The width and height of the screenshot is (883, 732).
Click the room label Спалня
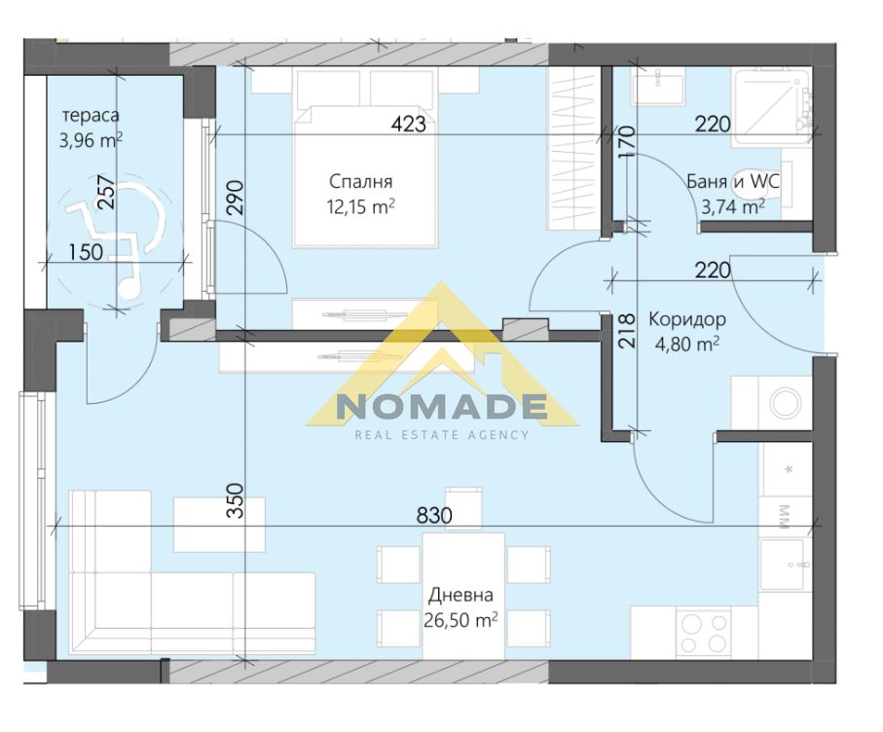[360, 182]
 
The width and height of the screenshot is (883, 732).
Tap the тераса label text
[91, 116]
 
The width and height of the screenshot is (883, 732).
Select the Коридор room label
[687, 320]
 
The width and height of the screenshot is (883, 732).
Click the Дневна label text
[460, 595]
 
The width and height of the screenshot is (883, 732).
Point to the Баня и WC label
[733, 181]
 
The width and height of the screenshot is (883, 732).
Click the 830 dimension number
[434, 515]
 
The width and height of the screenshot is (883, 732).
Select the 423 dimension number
[408, 124]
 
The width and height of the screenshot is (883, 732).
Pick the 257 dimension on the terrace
[106, 193]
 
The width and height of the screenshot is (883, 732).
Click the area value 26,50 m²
[460, 620]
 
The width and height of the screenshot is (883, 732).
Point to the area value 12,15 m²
[360, 206]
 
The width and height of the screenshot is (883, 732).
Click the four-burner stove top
[703, 633]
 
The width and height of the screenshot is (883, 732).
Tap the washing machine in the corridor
[785, 403]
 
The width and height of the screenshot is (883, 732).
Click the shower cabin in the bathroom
[772, 106]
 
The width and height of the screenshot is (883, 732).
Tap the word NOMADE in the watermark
[442, 407]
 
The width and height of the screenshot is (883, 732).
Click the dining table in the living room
[462, 596]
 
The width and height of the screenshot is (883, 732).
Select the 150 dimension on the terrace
[86, 252]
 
